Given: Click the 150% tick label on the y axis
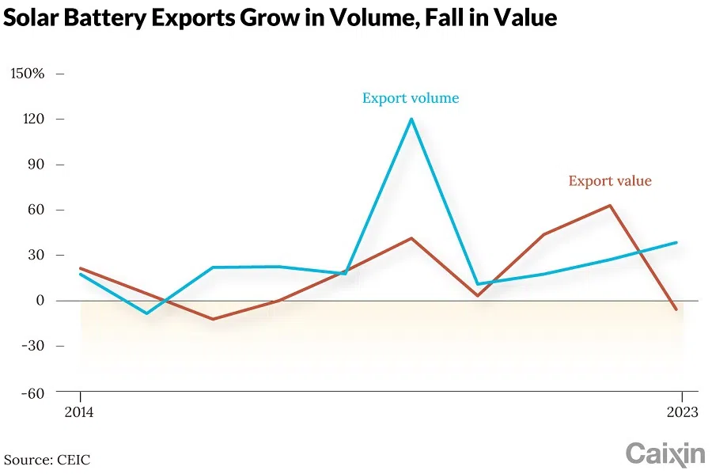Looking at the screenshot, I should coord(27,74).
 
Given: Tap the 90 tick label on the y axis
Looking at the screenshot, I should coord(35,165).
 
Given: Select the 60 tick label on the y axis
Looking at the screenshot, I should coord(35,210).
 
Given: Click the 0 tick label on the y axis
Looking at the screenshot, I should coord(39,301).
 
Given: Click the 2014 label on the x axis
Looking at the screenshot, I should coord(80,411).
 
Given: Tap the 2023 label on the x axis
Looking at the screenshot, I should coord(681,411).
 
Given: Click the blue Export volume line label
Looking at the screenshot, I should coord(411,99).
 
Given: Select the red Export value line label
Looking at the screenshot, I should coord(610,181).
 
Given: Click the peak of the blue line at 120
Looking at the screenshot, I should coord(411,119).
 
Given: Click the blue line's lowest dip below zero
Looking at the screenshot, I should coord(146,313).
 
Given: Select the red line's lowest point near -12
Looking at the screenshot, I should coord(212,319).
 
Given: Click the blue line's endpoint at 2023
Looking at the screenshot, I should coord(676,242).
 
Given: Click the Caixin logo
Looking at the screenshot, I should coord(665,453).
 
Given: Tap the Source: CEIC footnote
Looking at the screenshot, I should coord(47,460).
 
